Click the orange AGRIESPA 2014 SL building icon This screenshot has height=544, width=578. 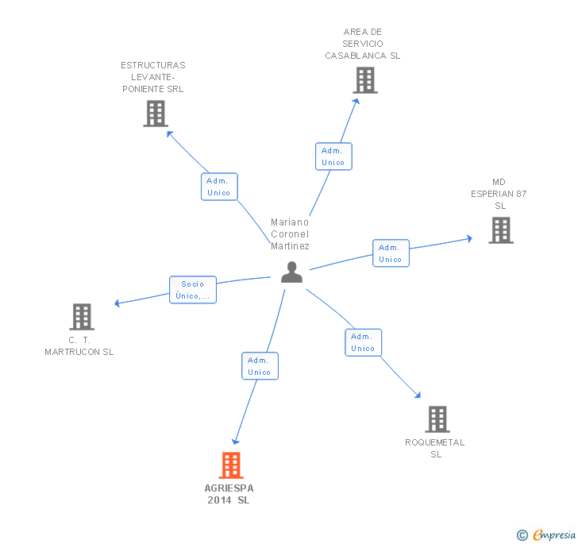coord(231,465)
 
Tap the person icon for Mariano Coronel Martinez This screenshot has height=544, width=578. coord(291,272)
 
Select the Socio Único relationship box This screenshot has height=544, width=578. coord(193,290)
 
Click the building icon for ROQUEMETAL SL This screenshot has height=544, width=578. coord(437,419)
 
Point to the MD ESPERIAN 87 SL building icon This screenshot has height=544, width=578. coord(501,230)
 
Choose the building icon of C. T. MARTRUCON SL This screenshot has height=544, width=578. coord(82,316)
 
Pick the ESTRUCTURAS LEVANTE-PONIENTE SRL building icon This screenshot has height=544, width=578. coord(156,114)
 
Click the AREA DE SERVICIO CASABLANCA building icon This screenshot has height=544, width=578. coord(365,80)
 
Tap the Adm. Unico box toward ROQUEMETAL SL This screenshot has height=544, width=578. coord(363,342)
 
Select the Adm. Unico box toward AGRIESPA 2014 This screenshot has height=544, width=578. coord(260,366)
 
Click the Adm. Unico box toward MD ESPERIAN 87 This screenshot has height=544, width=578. coord(391,253)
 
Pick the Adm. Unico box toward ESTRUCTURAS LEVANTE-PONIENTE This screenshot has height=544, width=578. coord(219,187)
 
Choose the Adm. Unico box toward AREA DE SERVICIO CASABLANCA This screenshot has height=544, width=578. coord(333,156)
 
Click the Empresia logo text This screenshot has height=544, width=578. coord(554,534)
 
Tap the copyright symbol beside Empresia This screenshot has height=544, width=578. coord(522,534)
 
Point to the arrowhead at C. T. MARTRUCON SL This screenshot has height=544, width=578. coord(117,303)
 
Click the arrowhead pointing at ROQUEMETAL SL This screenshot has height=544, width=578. coord(418,395)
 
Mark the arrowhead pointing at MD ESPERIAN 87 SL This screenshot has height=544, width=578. coord(470,238)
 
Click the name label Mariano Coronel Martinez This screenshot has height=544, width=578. coord(290,233)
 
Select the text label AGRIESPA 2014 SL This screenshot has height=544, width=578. coord(229,494)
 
